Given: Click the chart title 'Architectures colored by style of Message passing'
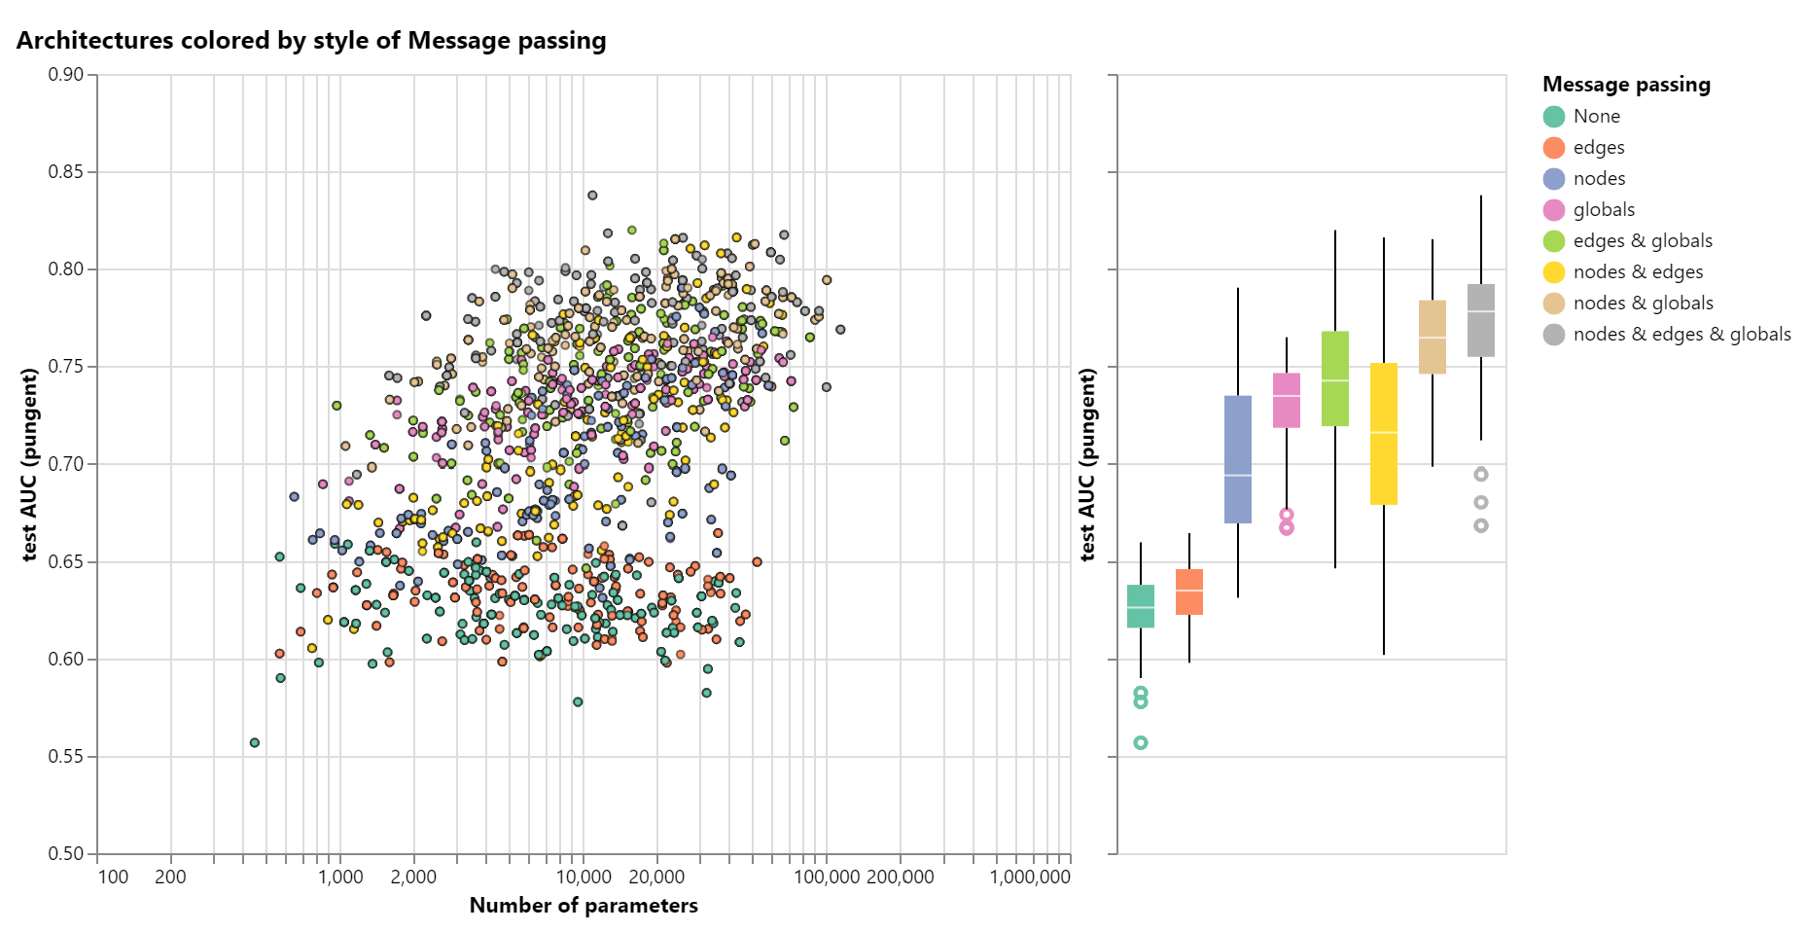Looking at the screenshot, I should (x=311, y=41).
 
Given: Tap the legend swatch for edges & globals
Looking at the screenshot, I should (x=1554, y=241).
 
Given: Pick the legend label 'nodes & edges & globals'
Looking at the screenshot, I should (x=1681, y=335).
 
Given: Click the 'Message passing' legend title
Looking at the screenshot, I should (x=1626, y=85).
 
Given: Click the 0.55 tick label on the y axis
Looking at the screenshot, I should (x=66, y=757).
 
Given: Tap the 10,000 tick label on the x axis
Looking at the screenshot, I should (x=584, y=877).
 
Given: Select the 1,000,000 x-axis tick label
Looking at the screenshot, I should (x=1030, y=877).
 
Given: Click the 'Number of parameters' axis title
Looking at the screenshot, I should (x=584, y=906).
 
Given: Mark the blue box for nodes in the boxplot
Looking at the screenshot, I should (x=1238, y=459).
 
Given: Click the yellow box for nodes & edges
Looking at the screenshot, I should (x=1384, y=434).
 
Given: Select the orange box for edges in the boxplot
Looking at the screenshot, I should (x=1189, y=591).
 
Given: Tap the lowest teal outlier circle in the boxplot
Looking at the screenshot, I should (x=1141, y=743).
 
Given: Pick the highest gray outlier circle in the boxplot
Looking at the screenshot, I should (x=1481, y=475).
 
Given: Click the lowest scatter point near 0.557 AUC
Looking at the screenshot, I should (x=255, y=743).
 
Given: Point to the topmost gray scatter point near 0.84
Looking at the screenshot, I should (x=592, y=196).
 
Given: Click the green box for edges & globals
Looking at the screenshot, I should (x=1335, y=378).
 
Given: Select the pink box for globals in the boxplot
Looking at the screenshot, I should (x=1287, y=400).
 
